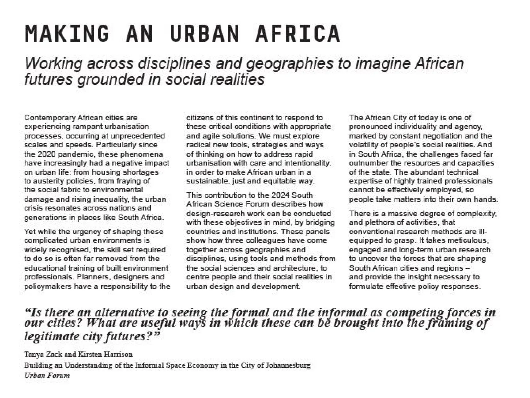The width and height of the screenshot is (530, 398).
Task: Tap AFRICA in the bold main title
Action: (298, 33)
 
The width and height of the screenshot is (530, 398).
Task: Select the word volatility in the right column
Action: (363, 145)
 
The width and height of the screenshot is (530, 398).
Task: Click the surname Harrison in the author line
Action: (119, 354)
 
